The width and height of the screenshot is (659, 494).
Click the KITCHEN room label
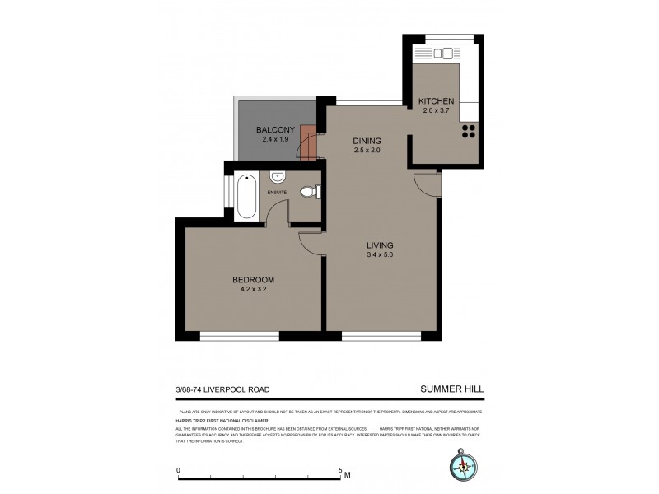(437, 100)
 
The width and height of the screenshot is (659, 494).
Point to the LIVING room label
(380, 245)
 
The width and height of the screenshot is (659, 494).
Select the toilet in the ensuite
(309, 192)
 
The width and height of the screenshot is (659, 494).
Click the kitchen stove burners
(470, 133)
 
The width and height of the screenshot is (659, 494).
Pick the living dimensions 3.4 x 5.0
(380, 255)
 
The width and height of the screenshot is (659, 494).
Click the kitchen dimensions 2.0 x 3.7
(437, 110)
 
